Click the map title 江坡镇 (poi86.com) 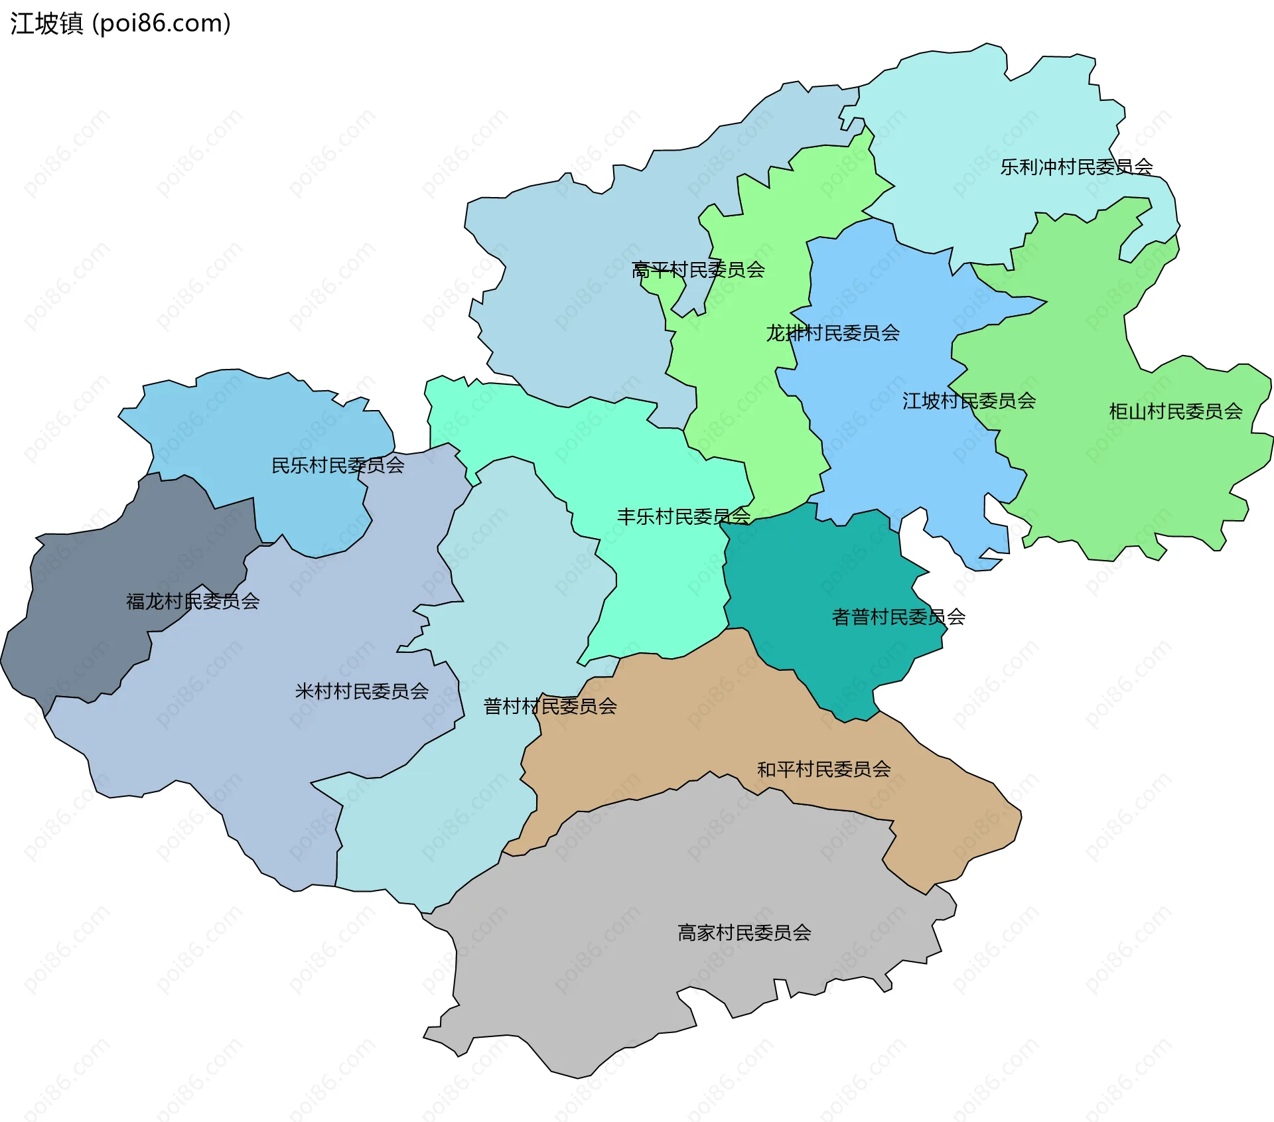point(120,23)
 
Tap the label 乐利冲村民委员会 point(1076,167)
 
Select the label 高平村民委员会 point(698,269)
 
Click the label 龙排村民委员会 point(833,332)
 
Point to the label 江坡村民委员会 point(969,401)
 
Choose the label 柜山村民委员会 point(1176,411)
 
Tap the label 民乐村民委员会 point(338,465)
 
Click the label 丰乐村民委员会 point(683,516)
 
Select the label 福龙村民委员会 point(192,601)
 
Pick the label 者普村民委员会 point(898,617)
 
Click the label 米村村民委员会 point(362,691)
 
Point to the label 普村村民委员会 point(550,706)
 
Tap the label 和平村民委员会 point(824,769)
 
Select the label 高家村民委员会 point(744,933)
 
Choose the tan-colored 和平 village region point(664,730)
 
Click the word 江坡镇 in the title point(46,23)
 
